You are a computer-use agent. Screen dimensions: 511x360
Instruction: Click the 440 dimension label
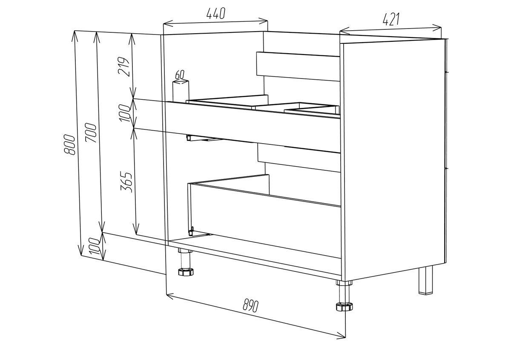coord(216,13)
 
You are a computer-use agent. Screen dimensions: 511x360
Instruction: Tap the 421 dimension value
coord(391,19)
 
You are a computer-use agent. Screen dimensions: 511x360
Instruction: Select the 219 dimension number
coord(123,66)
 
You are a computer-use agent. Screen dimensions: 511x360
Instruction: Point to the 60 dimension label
coord(180,75)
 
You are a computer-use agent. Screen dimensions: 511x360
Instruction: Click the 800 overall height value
coord(69,145)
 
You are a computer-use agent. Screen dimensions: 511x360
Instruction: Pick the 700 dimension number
coord(91,132)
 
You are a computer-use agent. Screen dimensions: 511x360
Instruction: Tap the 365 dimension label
coord(126,182)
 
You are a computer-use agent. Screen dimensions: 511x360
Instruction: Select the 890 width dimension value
coord(250,305)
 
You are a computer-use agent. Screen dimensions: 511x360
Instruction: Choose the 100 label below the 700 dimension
coord(94,246)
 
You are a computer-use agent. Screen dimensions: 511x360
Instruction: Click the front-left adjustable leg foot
coord(186,272)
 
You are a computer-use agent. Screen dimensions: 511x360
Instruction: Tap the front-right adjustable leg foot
coord(344,307)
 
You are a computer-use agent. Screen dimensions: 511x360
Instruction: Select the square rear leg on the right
coord(426,280)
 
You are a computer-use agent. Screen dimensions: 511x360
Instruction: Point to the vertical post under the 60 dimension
coord(181,91)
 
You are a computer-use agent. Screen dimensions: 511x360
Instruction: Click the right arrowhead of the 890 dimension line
coord(342,336)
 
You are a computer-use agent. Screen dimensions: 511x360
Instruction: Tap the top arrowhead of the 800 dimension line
coord(75,37)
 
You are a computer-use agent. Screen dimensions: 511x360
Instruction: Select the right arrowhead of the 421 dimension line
coord(437,28)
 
